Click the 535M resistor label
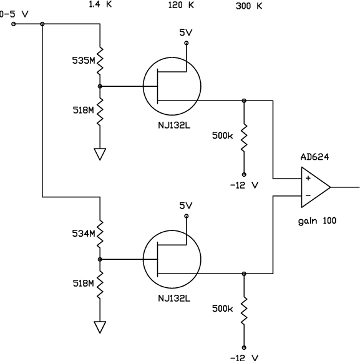[x=84, y=61]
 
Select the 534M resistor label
[x=84, y=234]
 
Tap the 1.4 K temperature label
[x=100, y=4]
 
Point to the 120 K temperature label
[x=181, y=5]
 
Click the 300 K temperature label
[x=249, y=6]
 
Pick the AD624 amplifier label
[x=314, y=157]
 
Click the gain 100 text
[x=317, y=221]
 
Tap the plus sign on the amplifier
[x=308, y=178]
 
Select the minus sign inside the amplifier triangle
[x=308, y=195]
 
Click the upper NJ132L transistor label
[x=174, y=126]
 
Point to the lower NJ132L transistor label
[x=174, y=299]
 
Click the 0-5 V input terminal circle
[x=14, y=24]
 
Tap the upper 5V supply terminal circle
[x=187, y=43]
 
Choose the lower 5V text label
[x=186, y=205]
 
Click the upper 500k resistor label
[x=222, y=136]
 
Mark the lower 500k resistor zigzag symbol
[x=244, y=311]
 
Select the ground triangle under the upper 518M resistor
[x=100, y=154]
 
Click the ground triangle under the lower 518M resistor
[x=100, y=327]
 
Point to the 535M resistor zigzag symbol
[x=100, y=61]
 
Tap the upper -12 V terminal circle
[x=244, y=174]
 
